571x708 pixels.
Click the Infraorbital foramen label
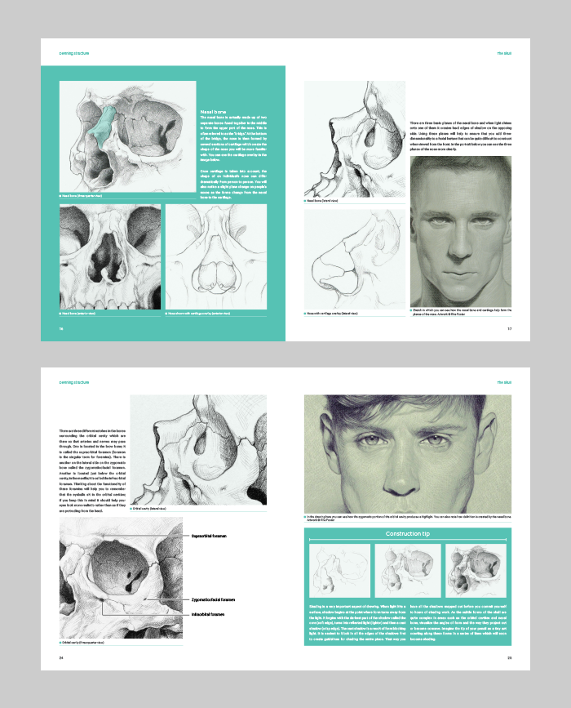tap(208, 613)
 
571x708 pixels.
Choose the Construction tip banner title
tap(407, 534)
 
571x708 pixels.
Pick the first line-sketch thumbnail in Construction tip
tap(337, 571)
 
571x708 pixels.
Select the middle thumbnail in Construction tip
tap(407, 571)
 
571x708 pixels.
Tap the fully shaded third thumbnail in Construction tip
tap(478, 571)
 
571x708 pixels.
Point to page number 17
tap(508, 330)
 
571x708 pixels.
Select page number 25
tap(508, 657)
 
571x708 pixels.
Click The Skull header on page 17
tap(503, 55)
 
